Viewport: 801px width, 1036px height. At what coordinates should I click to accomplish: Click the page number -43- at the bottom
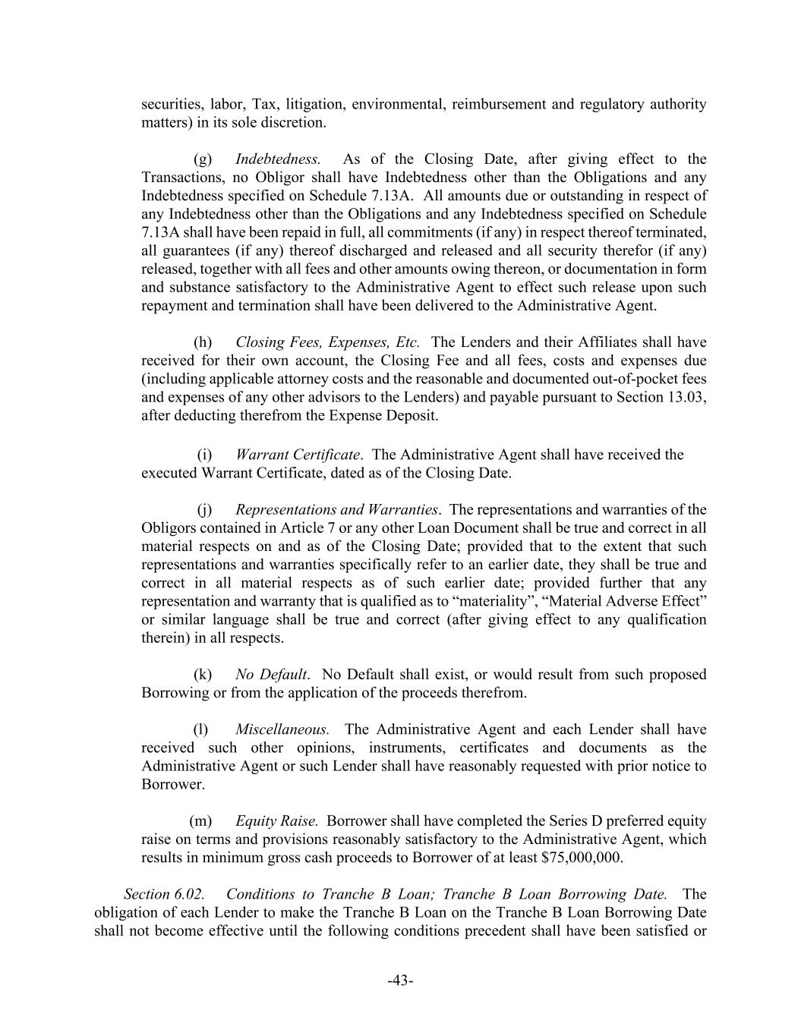coord(400,981)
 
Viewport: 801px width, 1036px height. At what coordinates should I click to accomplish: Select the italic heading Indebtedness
coord(278,159)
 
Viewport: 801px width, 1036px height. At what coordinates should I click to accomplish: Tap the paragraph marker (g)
coord(203,159)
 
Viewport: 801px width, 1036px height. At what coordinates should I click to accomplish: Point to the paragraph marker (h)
coord(203,342)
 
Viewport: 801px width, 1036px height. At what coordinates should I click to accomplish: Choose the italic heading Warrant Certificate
coord(298,455)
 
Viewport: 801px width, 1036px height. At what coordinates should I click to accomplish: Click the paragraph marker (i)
coord(204,455)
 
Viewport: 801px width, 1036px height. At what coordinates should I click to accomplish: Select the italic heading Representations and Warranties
coord(336,509)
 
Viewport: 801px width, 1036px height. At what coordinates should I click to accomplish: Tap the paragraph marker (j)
coord(204,509)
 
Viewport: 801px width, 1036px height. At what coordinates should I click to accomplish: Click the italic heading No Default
coord(271,674)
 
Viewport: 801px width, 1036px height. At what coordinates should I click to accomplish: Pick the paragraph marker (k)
coord(203,674)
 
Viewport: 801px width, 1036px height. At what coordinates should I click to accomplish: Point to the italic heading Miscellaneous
coord(282,729)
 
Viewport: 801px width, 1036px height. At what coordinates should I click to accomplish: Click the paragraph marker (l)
coord(200,729)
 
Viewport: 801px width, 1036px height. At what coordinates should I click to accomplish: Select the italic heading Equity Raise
coord(276,820)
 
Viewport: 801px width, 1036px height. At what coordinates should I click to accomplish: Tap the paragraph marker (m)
coord(200,820)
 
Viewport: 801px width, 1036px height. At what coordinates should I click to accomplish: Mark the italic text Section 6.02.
coord(164,894)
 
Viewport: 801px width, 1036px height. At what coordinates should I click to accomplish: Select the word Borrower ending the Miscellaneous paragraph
coord(172,784)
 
